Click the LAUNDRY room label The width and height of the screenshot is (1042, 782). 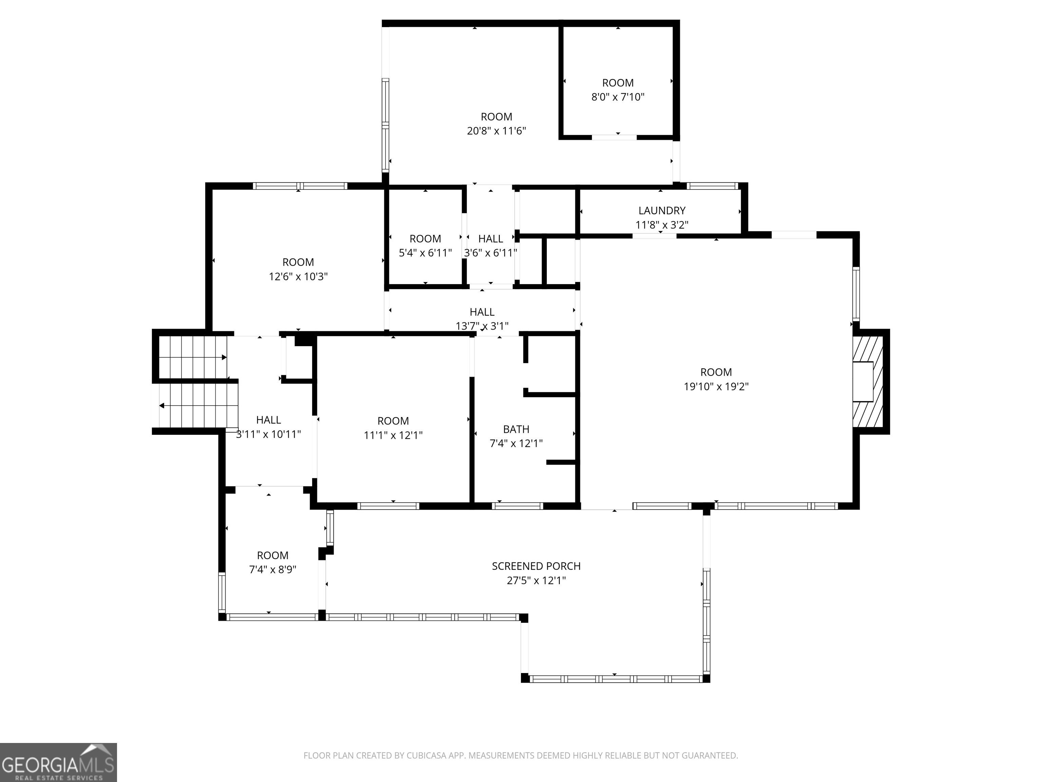point(661,211)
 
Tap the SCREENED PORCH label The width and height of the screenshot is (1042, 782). point(536,566)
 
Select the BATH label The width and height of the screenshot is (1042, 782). point(516,429)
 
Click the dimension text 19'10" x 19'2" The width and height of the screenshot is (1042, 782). point(716,387)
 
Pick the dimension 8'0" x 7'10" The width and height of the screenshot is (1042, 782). point(618,97)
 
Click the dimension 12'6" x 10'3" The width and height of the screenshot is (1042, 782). point(298,277)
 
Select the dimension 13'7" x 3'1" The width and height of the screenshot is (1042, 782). point(482,326)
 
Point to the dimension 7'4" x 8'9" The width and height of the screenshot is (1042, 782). point(272,570)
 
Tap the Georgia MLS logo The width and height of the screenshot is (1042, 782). point(58,763)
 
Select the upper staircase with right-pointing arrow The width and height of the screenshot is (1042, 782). point(193,357)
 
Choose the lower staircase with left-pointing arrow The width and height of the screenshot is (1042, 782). point(198,405)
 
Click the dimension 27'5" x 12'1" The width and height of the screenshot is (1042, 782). point(536,581)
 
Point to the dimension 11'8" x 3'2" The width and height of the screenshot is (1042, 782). point(661,225)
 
